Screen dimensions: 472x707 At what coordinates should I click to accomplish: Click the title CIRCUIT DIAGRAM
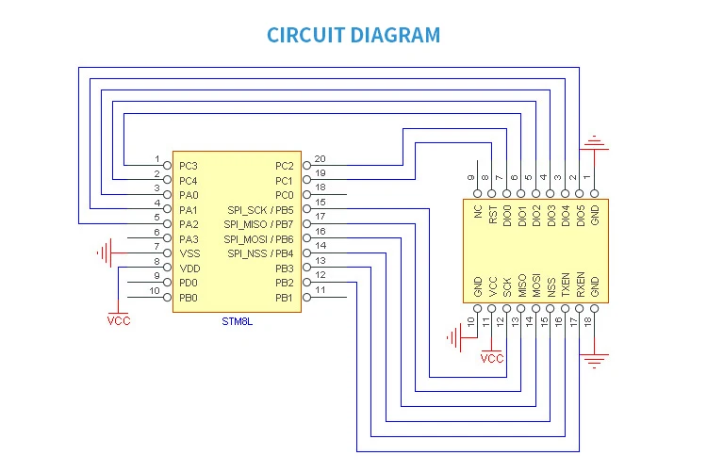click(x=353, y=36)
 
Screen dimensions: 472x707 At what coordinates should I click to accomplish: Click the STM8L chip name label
click(x=237, y=321)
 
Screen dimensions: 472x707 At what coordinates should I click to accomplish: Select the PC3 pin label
click(x=189, y=166)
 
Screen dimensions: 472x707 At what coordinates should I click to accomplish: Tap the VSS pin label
click(x=189, y=253)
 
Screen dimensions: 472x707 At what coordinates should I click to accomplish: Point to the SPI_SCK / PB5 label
click(x=260, y=209)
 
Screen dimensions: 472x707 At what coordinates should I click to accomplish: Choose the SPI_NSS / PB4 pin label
click(x=260, y=253)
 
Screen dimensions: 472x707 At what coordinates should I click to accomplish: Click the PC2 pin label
click(x=285, y=166)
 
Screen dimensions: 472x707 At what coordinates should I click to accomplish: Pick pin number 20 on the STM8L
click(x=320, y=158)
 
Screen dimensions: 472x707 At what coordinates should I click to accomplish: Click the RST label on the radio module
click(x=493, y=216)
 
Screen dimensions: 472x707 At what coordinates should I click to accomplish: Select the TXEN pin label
click(x=566, y=285)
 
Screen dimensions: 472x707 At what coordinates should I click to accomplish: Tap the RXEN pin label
click(x=580, y=285)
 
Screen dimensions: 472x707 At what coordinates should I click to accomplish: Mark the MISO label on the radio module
click(x=522, y=286)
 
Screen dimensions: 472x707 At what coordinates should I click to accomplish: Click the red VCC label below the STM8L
click(x=119, y=320)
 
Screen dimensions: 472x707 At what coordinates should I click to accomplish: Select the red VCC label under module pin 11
click(x=492, y=358)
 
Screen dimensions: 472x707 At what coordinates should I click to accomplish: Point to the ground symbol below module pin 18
click(x=594, y=359)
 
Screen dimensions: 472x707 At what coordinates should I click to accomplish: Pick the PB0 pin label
click(x=189, y=298)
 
